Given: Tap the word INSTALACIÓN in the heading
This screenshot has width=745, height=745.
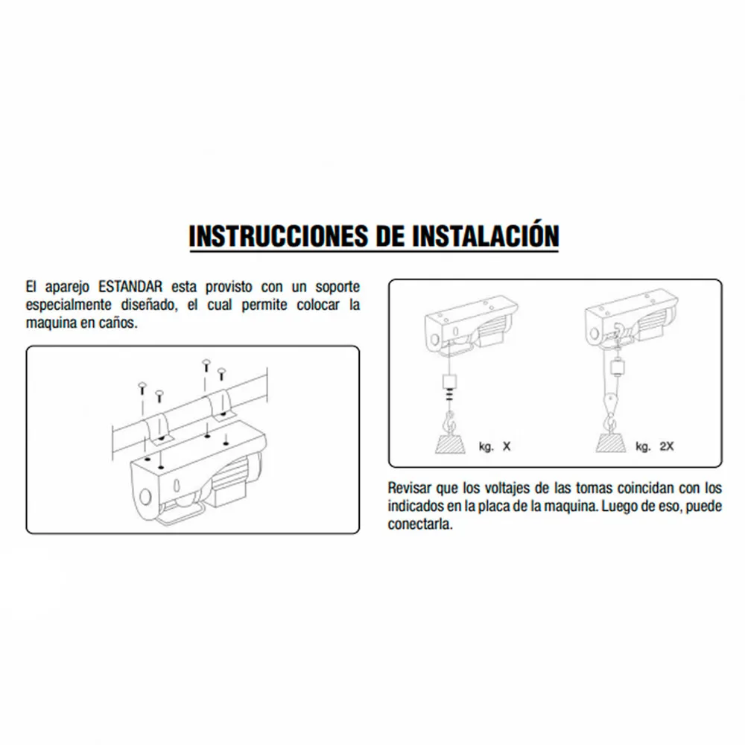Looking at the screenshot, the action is (x=485, y=235).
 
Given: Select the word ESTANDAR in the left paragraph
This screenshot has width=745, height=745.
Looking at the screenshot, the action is (x=130, y=287).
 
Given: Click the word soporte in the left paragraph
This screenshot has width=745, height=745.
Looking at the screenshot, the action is (x=337, y=288).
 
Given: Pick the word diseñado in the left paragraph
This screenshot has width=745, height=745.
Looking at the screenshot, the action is (x=149, y=305).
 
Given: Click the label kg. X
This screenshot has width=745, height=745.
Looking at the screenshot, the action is (x=495, y=446).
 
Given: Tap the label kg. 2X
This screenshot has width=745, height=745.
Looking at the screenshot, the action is (x=655, y=446).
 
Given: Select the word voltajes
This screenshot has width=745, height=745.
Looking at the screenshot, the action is (x=504, y=489).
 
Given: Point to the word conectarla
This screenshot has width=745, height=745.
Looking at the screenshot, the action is (x=420, y=524).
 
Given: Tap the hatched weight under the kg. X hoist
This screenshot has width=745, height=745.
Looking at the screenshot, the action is (x=450, y=443).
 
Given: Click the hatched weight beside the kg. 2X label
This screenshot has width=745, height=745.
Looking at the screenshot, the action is (x=611, y=443).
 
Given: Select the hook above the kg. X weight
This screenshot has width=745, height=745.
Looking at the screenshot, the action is (x=449, y=422).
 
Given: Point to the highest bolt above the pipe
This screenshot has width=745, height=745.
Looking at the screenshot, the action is (x=206, y=365).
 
